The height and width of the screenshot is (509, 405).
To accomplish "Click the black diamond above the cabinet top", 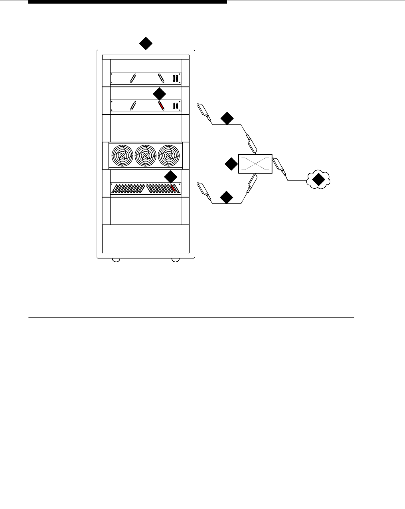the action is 146,43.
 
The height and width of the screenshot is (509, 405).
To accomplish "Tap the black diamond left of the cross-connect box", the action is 231,164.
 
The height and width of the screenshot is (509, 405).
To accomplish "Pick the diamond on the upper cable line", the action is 227,118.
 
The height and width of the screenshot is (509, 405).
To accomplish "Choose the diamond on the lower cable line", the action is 227,197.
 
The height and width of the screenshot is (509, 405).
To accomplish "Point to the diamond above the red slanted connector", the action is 159,94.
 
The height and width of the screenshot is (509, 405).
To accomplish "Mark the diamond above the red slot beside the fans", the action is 170,177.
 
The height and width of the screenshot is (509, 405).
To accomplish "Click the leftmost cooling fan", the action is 122,155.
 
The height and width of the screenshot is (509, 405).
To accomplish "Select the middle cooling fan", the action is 146,155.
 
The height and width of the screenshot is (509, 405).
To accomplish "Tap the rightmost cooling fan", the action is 169,155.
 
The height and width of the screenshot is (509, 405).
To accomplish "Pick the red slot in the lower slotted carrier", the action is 173,189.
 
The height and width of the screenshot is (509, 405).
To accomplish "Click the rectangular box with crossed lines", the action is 255,164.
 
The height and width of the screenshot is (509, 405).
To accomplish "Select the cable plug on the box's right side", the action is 279,167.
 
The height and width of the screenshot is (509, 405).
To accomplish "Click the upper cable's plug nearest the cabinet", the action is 203,110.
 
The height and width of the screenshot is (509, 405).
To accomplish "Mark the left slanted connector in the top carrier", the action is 133,78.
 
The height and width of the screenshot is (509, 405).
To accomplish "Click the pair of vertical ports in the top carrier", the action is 175,78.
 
